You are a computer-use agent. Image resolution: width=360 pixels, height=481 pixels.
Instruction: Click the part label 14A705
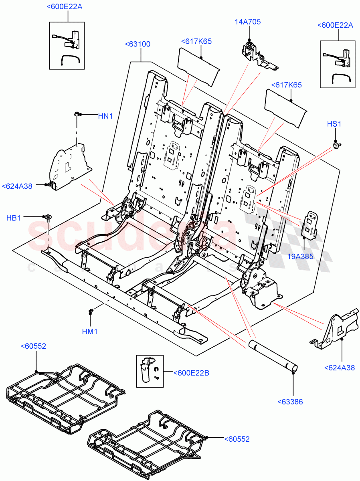coord(247,22)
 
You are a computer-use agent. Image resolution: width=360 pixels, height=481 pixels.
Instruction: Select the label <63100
coord(138,44)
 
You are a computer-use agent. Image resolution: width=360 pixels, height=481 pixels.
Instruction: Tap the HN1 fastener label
coord(105,116)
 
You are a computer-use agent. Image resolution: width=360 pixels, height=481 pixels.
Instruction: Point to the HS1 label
coord(334,124)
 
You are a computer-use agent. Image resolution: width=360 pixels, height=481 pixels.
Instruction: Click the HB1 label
coord(13,218)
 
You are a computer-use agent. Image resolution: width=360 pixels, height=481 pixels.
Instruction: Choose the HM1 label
coord(90,331)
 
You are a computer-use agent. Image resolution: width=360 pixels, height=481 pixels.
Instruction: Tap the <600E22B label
coord(191,373)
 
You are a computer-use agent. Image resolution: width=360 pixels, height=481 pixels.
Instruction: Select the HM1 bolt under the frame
coord(92,311)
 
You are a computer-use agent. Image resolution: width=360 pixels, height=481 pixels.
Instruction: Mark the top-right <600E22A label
coord(335,25)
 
